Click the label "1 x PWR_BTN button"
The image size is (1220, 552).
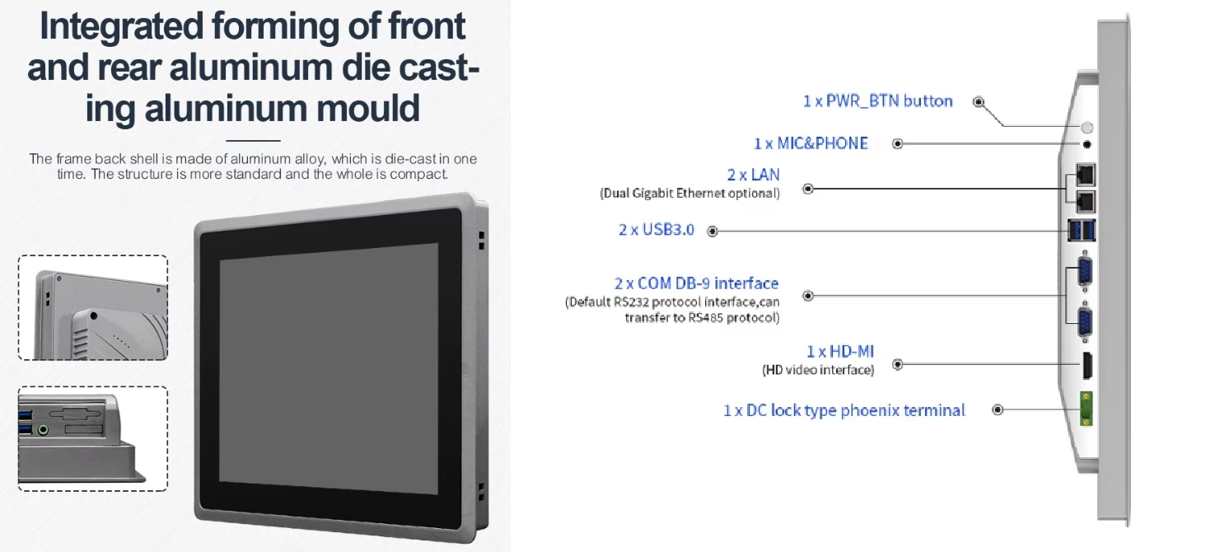tap(877, 101)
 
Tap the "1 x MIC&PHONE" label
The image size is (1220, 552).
tap(811, 143)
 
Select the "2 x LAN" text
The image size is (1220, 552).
tap(753, 175)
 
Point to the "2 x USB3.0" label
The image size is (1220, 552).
tap(657, 229)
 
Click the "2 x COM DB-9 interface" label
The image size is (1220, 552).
tap(697, 283)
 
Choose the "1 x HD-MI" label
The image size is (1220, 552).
tap(840, 352)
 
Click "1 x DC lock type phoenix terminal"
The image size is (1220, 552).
tap(844, 409)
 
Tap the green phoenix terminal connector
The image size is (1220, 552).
tap(1086, 409)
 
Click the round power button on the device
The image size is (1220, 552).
tap(1087, 128)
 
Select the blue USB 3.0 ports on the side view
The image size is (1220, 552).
tap(1082, 231)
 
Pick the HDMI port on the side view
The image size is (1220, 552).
tap(1087, 365)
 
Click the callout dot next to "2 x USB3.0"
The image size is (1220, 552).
tap(713, 232)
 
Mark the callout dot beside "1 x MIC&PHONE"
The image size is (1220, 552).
tap(898, 144)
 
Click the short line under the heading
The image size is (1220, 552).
tap(253, 141)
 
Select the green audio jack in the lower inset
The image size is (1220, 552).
tap(43, 430)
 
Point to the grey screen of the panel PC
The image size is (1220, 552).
tap(329, 369)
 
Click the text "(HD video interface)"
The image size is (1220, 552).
tap(817, 370)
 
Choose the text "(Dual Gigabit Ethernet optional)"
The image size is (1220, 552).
tap(689, 194)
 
